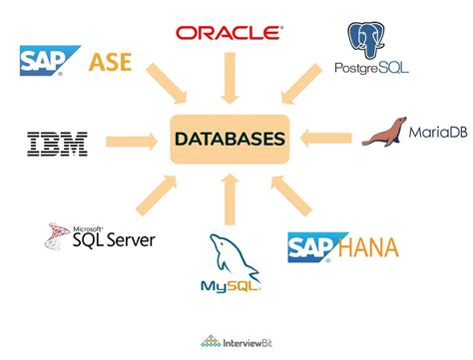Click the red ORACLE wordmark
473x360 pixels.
tap(230, 32)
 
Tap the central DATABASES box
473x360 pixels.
tap(228, 138)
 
